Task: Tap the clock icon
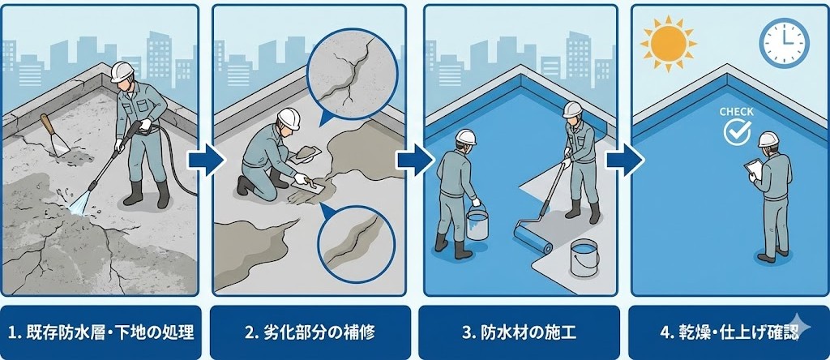click(785, 42)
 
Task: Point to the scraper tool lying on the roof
click(56, 135)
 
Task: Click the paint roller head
click(533, 238)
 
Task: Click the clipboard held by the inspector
click(754, 169)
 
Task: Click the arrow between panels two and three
click(416, 160)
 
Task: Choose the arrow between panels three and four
click(625, 160)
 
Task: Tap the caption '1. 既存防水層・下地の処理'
click(101, 333)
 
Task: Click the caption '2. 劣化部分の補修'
click(310, 333)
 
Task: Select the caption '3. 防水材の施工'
click(519, 333)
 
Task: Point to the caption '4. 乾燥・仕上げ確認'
click(729, 333)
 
